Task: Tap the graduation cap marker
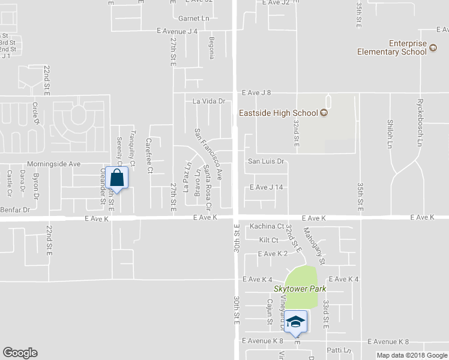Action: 295,323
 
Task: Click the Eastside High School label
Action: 279,112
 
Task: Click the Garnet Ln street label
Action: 193,19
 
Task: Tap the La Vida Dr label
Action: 208,102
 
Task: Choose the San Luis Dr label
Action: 265,162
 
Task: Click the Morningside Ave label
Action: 54,163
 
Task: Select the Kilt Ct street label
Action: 268,240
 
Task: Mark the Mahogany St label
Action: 314,246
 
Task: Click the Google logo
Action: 20,353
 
